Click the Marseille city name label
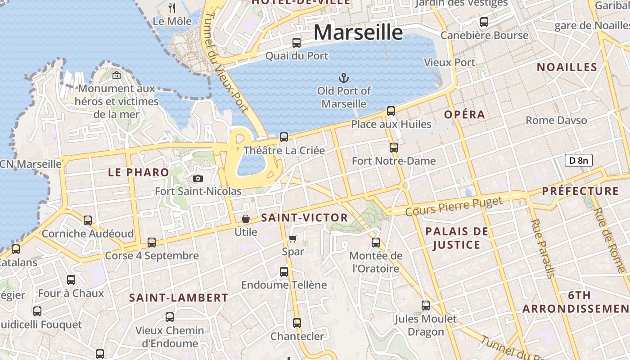tap(358, 32)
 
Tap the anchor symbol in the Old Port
tap(344, 78)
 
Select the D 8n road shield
tap(578, 160)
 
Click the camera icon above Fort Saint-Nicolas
tap(198, 178)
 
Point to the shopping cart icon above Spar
tap(293, 238)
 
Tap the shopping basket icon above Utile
tap(246, 219)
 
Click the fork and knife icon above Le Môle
tap(172, 8)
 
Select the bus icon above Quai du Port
tap(297, 43)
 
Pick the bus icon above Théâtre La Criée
tap(284, 137)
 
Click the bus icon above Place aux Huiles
tap(391, 111)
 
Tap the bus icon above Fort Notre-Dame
tap(394, 147)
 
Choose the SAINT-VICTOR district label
tap(305, 218)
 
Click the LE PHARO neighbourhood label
tap(139, 172)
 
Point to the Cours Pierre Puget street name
tap(454, 206)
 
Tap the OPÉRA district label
tap(465, 115)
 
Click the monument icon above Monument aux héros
tap(117, 75)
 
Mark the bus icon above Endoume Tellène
tap(284, 271)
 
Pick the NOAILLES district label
tap(567, 67)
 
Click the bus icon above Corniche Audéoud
tap(88, 220)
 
